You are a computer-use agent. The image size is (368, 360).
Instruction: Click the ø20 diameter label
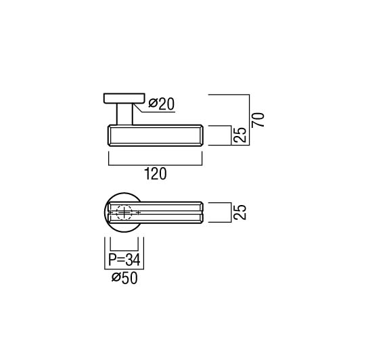click(x=162, y=104)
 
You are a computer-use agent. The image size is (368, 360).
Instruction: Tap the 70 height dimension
click(x=258, y=120)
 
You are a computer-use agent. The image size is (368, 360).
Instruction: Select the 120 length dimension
click(x=156, y=174)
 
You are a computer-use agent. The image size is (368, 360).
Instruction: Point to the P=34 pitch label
click(x=124, y=260)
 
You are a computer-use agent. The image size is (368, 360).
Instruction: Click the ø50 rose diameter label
click(x=124, y=278)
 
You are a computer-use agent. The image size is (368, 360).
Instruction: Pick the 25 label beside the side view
click(x=240, y=135)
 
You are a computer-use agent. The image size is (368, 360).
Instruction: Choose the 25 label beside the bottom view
click(x=240, y=212)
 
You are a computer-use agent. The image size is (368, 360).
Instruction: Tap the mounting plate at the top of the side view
click(x=124, y=98)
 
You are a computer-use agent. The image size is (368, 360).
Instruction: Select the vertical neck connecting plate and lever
click(x=124, y=114)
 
